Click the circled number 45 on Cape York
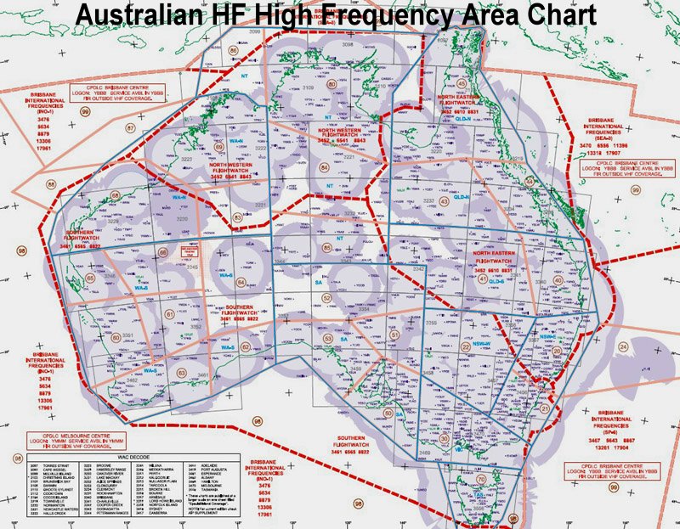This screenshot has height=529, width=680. [462, 83]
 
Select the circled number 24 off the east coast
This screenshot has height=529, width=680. [623, 346]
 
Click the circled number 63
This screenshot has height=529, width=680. [181, 372]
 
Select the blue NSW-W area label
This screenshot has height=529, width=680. [481, 341]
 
